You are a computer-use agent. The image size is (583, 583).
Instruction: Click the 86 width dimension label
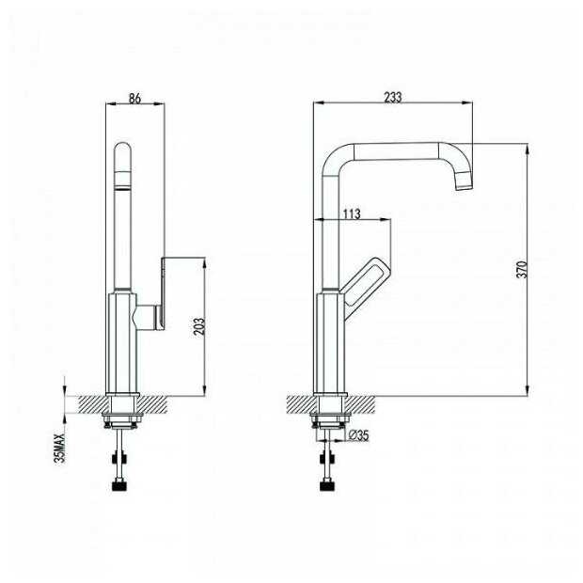coord(134,98)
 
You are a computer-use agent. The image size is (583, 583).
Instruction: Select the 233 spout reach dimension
coord(393,97)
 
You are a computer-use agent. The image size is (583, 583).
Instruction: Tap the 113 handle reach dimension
coord(352,213)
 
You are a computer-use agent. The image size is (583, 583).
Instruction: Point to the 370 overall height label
coord(523,270)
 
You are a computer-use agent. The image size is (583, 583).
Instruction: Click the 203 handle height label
coord(199,326)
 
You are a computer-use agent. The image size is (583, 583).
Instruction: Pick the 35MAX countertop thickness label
coord(59,448)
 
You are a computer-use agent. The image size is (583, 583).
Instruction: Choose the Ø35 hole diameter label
coord(359,435)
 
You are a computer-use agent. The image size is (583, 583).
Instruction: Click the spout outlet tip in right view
coord(464,187)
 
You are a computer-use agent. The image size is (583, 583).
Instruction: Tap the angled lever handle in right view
coord(366,283)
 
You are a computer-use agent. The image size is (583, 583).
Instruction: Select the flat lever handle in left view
coord(163,293)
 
